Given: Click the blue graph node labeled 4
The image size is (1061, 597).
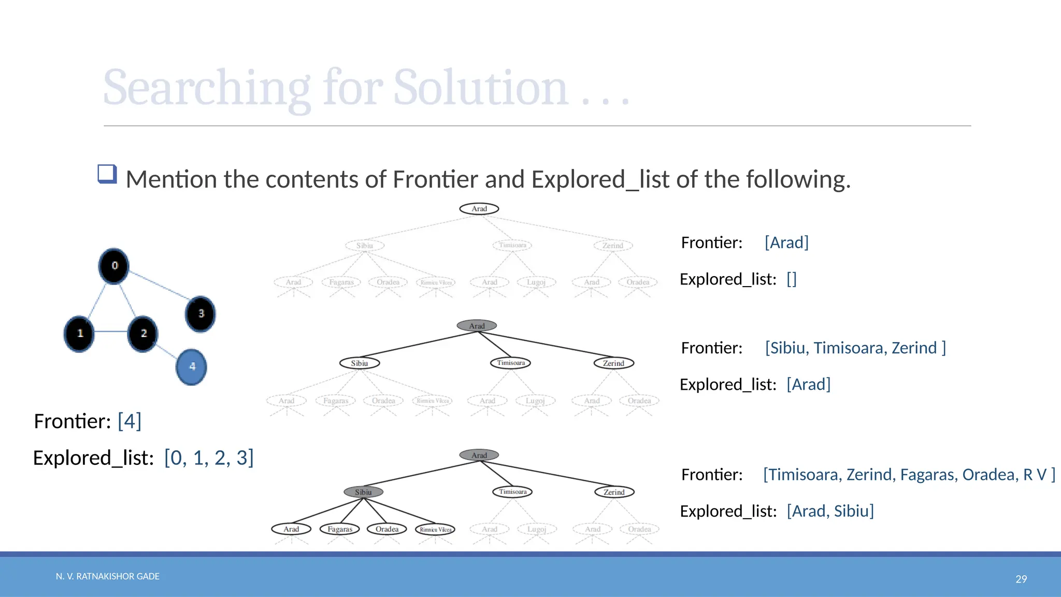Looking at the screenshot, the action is [x=192, y=367].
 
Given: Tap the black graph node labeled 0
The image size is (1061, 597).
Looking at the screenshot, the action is [x=114, y=266].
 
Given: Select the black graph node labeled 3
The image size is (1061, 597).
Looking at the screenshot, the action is [x=200, y=314].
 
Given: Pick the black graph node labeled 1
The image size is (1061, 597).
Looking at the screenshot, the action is [x=79, y=333].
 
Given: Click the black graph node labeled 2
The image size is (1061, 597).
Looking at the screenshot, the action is [x=143, y=333].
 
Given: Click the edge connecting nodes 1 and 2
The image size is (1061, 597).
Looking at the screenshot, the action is [x=111, y=332].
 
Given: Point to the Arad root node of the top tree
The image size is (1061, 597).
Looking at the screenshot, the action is [x=479, y=209].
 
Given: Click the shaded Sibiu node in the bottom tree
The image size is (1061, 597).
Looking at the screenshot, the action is [x=363, y=492].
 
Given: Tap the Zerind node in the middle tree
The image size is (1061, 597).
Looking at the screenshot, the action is [x=613, y=363].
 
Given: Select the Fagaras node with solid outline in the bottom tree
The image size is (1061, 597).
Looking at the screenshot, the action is [x=340, y=529].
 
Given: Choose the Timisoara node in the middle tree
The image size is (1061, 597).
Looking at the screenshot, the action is [x=511, y=363].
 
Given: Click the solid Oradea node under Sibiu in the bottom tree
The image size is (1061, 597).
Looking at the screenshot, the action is [x=387, y=529].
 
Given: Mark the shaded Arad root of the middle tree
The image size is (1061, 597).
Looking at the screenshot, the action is [x=477, y=325].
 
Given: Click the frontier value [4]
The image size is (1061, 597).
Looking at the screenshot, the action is [x=130, y=421].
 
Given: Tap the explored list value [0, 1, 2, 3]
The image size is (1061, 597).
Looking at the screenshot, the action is [x=209, y=458].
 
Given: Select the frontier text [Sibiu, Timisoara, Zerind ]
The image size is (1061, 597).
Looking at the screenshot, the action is [x=855, y=348].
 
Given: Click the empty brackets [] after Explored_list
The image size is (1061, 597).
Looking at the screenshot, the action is [x=792, y=279].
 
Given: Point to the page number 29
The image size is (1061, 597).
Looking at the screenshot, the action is [x=1021, y=579].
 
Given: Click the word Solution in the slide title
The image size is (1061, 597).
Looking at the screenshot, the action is [x=481, y=88].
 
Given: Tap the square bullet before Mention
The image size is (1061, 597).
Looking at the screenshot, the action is [x=107, y=174].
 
